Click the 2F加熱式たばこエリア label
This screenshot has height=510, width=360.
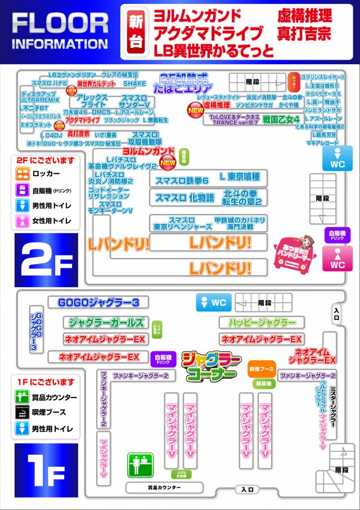185,84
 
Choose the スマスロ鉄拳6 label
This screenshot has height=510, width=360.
182,180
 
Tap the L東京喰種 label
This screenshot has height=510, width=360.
240,177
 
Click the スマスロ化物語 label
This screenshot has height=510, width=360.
184,198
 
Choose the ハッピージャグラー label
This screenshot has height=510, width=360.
262,323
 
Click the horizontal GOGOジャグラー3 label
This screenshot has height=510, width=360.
98,303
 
